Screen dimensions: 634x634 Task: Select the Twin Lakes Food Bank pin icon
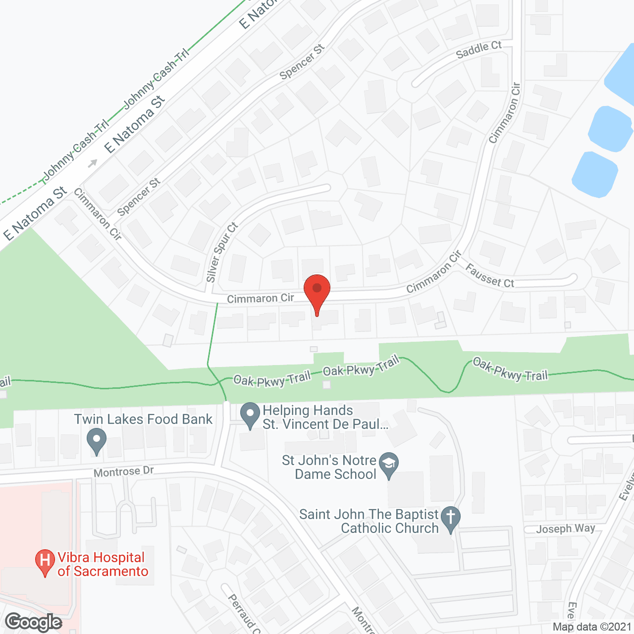click(97, 440)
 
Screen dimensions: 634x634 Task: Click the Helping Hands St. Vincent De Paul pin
click(250, 415)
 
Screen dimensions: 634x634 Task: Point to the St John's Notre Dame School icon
click(389, 465)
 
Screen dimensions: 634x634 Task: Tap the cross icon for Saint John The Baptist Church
click(451, 519)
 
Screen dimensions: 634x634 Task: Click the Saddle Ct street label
click(478, 50)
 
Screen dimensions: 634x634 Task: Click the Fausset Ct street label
click(490, 276)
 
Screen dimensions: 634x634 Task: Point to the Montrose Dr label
click(124, 472)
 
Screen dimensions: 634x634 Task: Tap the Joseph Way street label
click(565, 529)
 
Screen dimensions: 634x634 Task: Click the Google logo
click(34, 622)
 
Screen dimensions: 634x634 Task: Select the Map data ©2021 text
click(592, 627)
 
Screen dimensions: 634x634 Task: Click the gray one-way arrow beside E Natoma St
click(93, 163)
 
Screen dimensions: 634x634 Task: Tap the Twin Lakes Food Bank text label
click(143, 420)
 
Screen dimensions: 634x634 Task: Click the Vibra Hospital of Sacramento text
click(103, 565)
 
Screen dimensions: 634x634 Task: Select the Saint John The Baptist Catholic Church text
click(369, 521)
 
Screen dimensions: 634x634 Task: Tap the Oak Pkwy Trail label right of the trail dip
click(510, 369)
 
